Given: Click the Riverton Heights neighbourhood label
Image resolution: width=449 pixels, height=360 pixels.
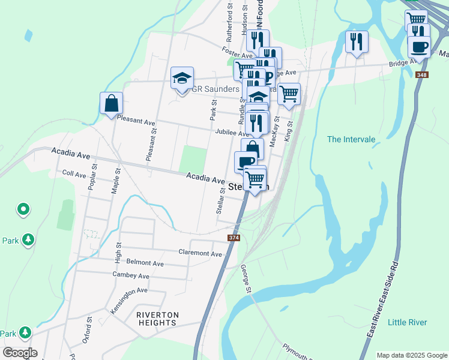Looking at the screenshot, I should (x=157, y=319).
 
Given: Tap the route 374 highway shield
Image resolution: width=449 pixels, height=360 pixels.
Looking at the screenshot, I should (x=234, y=238).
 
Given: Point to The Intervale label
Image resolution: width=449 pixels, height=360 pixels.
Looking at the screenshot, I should (x=351, y=139).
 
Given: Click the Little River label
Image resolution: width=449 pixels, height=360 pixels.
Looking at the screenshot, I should (x=408, y=322).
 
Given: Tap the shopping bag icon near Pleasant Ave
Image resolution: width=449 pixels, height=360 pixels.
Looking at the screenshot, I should (x=111, y=103).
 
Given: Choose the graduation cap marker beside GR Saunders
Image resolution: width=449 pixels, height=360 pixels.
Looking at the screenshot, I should (x=182, y=78).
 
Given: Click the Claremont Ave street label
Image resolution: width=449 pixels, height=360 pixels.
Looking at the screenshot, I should (x=200, y=253).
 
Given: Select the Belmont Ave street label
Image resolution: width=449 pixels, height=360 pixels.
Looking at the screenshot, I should (x=145, y=263).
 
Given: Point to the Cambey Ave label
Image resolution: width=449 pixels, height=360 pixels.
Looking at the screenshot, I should (x=131, y=275).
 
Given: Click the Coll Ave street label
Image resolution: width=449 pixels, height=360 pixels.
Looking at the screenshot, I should (x=74, y=174).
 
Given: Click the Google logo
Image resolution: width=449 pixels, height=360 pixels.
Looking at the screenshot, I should (x=19, y=353).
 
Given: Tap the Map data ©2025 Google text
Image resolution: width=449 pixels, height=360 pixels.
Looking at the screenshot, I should (x=411, y=355).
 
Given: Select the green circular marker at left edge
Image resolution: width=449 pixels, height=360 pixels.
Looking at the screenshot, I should (x=23, y=209).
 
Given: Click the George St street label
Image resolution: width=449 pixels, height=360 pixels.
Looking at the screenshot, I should (x=245, y=279).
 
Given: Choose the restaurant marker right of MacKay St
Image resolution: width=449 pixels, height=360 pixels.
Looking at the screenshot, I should (x=357, y=42).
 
